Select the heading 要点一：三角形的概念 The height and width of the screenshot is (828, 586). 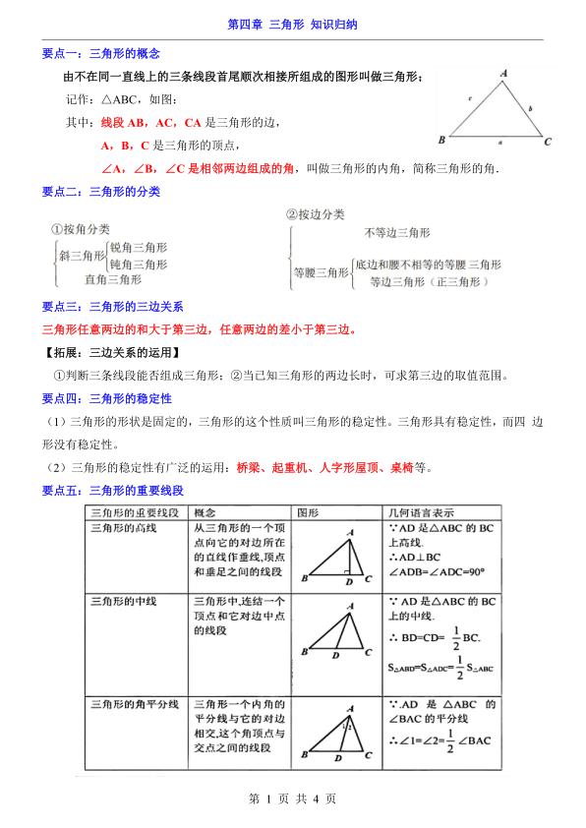coord(100,54)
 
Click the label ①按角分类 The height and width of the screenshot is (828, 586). coord(80,229)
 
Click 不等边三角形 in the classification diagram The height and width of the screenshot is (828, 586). coord(397,233)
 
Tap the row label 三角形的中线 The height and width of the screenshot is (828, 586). coord(121,601)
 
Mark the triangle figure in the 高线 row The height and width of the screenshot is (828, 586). coord(336,559)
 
